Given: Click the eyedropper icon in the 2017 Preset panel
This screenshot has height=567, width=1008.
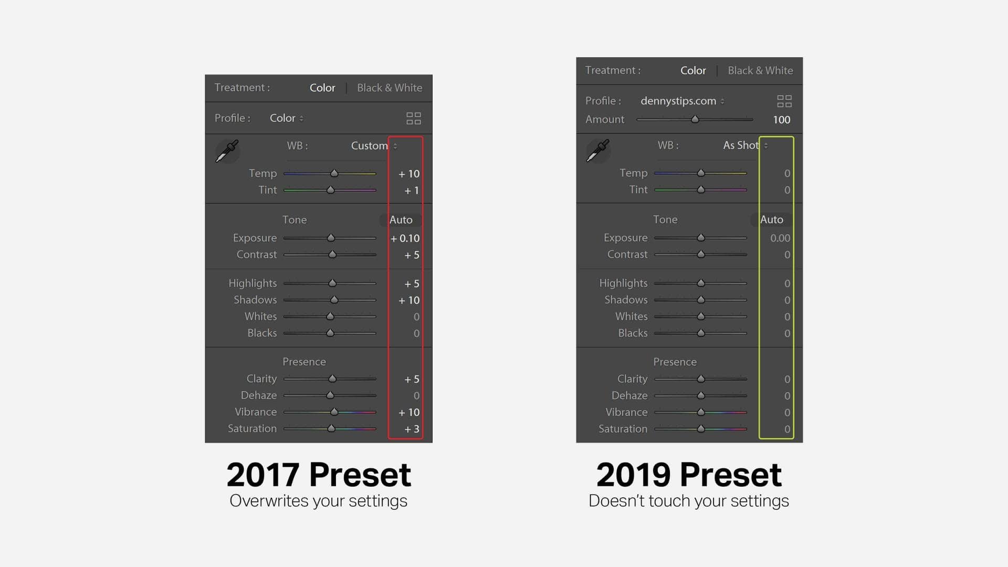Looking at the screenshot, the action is (227, 151).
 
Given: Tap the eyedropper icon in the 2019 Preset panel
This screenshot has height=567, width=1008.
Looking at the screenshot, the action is (598, 151).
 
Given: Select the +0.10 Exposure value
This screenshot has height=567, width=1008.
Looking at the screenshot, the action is (405, 238).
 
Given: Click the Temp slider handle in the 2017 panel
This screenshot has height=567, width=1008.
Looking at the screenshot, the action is (334, 173).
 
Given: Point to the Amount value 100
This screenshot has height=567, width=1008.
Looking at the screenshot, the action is (781, 120).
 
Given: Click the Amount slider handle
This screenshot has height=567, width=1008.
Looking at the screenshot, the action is (695, 119).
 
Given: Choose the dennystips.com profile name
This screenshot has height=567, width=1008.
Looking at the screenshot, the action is (678, 101).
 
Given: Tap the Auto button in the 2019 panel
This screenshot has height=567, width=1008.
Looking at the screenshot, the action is (771, 219).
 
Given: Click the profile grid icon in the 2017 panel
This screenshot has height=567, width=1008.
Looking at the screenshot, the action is (414, 118).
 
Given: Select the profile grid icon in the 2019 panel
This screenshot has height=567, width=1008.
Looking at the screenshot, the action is (784, 101).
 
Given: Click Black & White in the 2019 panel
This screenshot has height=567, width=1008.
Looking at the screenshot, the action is (760, 70).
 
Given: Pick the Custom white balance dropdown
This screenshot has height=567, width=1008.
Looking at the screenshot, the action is (374, 146).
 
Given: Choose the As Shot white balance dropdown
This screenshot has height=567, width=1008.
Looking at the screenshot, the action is (745, 145).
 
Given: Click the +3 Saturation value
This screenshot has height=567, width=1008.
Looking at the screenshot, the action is (412, 429).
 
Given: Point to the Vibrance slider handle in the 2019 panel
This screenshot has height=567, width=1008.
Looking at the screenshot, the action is (701, 412).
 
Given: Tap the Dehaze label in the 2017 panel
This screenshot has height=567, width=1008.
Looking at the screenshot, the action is (258, 395).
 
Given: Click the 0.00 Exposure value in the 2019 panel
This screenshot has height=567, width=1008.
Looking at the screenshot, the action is (780, 238).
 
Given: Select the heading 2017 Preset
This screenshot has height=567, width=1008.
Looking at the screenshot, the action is (319, 475).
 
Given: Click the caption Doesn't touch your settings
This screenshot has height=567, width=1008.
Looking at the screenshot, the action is (689, 501).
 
